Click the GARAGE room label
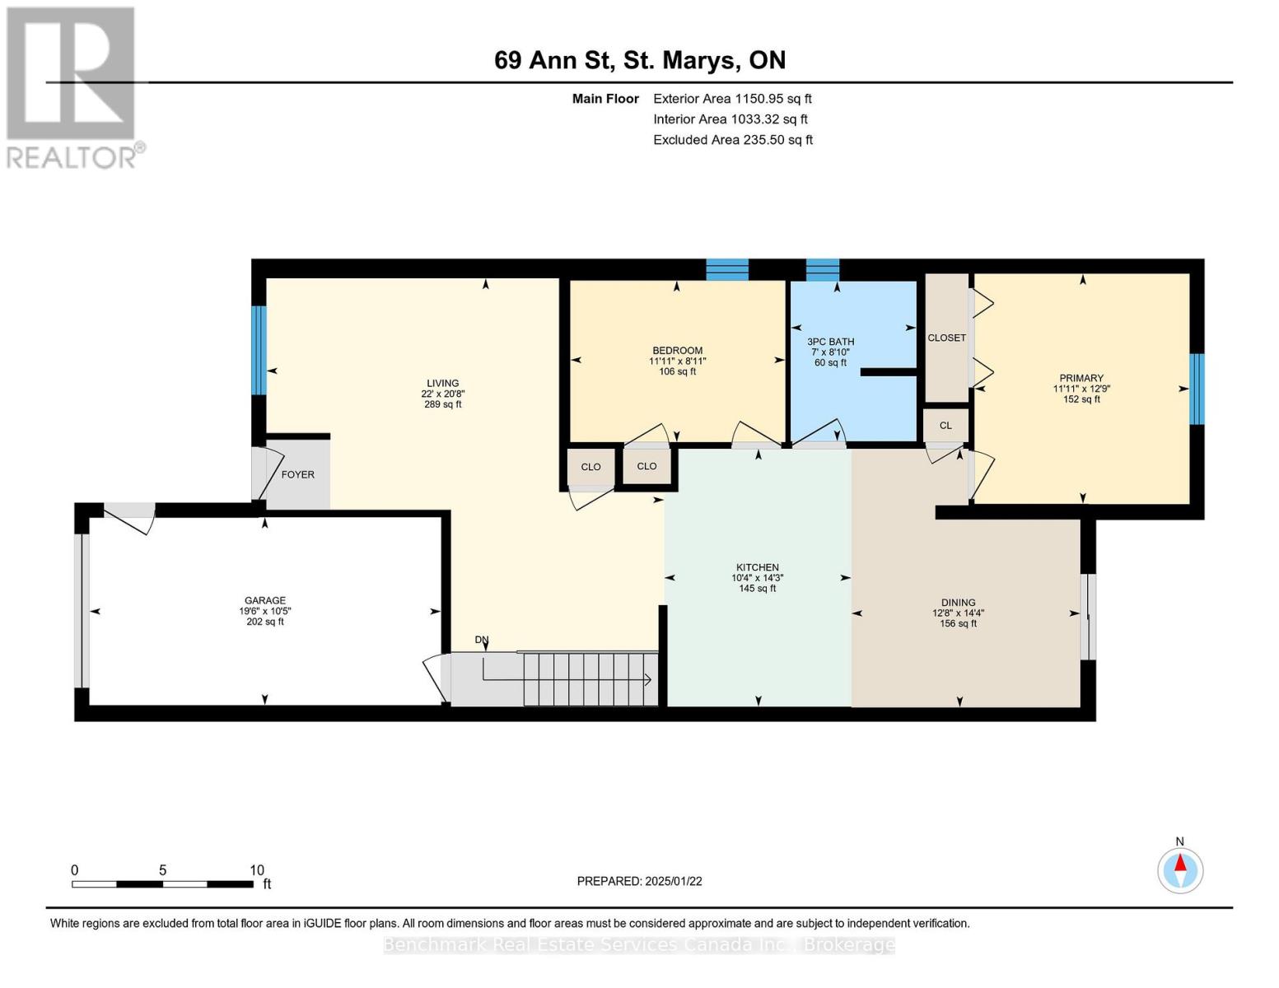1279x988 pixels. (x=265, y=600)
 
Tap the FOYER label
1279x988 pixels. (x=298, y=474)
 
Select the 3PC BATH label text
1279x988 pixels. (x=830, y=342)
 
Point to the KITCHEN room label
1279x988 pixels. (x=758, y=567)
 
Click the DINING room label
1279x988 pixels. (x=958, y=602)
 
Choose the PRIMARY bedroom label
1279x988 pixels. (x=1081, y=378)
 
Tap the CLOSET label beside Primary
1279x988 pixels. (x=946, y=338)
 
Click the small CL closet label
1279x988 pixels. (x=945, y=426)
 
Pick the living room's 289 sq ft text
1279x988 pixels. (x=442, y=404)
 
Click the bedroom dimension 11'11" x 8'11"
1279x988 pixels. (x=678, y=361)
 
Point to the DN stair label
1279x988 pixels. (x=482, y=640)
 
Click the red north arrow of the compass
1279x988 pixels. (x=1180, y=863)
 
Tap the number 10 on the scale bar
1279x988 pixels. (x=257, y=869)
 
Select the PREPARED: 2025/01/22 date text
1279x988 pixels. (x=639, y=881)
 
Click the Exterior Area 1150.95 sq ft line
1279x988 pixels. (x=732, y=99)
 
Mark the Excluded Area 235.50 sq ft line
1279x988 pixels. (x=733, y=139)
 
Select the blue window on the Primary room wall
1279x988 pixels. (x=1197, y=389)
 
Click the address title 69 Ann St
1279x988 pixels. (x=554, y=60)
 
